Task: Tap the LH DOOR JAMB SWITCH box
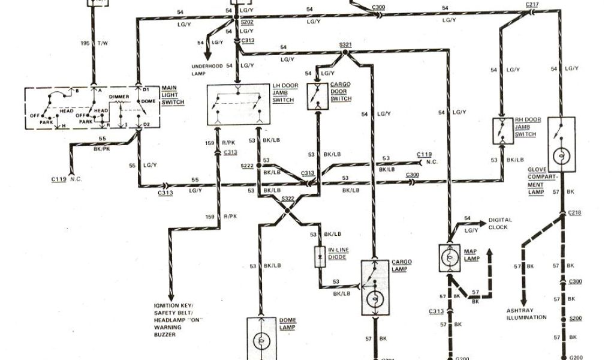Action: pyautogui.click(x=239, y=104)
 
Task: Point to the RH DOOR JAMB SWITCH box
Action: pyautogui.click(x=501, y=130)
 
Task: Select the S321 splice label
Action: pyautogui.click(x=346, y=45)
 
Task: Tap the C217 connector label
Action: pyautogui.click(x=532, y=5)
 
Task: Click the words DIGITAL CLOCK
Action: pyautogui.click(x=493, y=223)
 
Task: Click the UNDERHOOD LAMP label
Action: pyautogui.click(x=207, y=69)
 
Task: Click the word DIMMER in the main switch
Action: pyautogui.click(x=119, y=96)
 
